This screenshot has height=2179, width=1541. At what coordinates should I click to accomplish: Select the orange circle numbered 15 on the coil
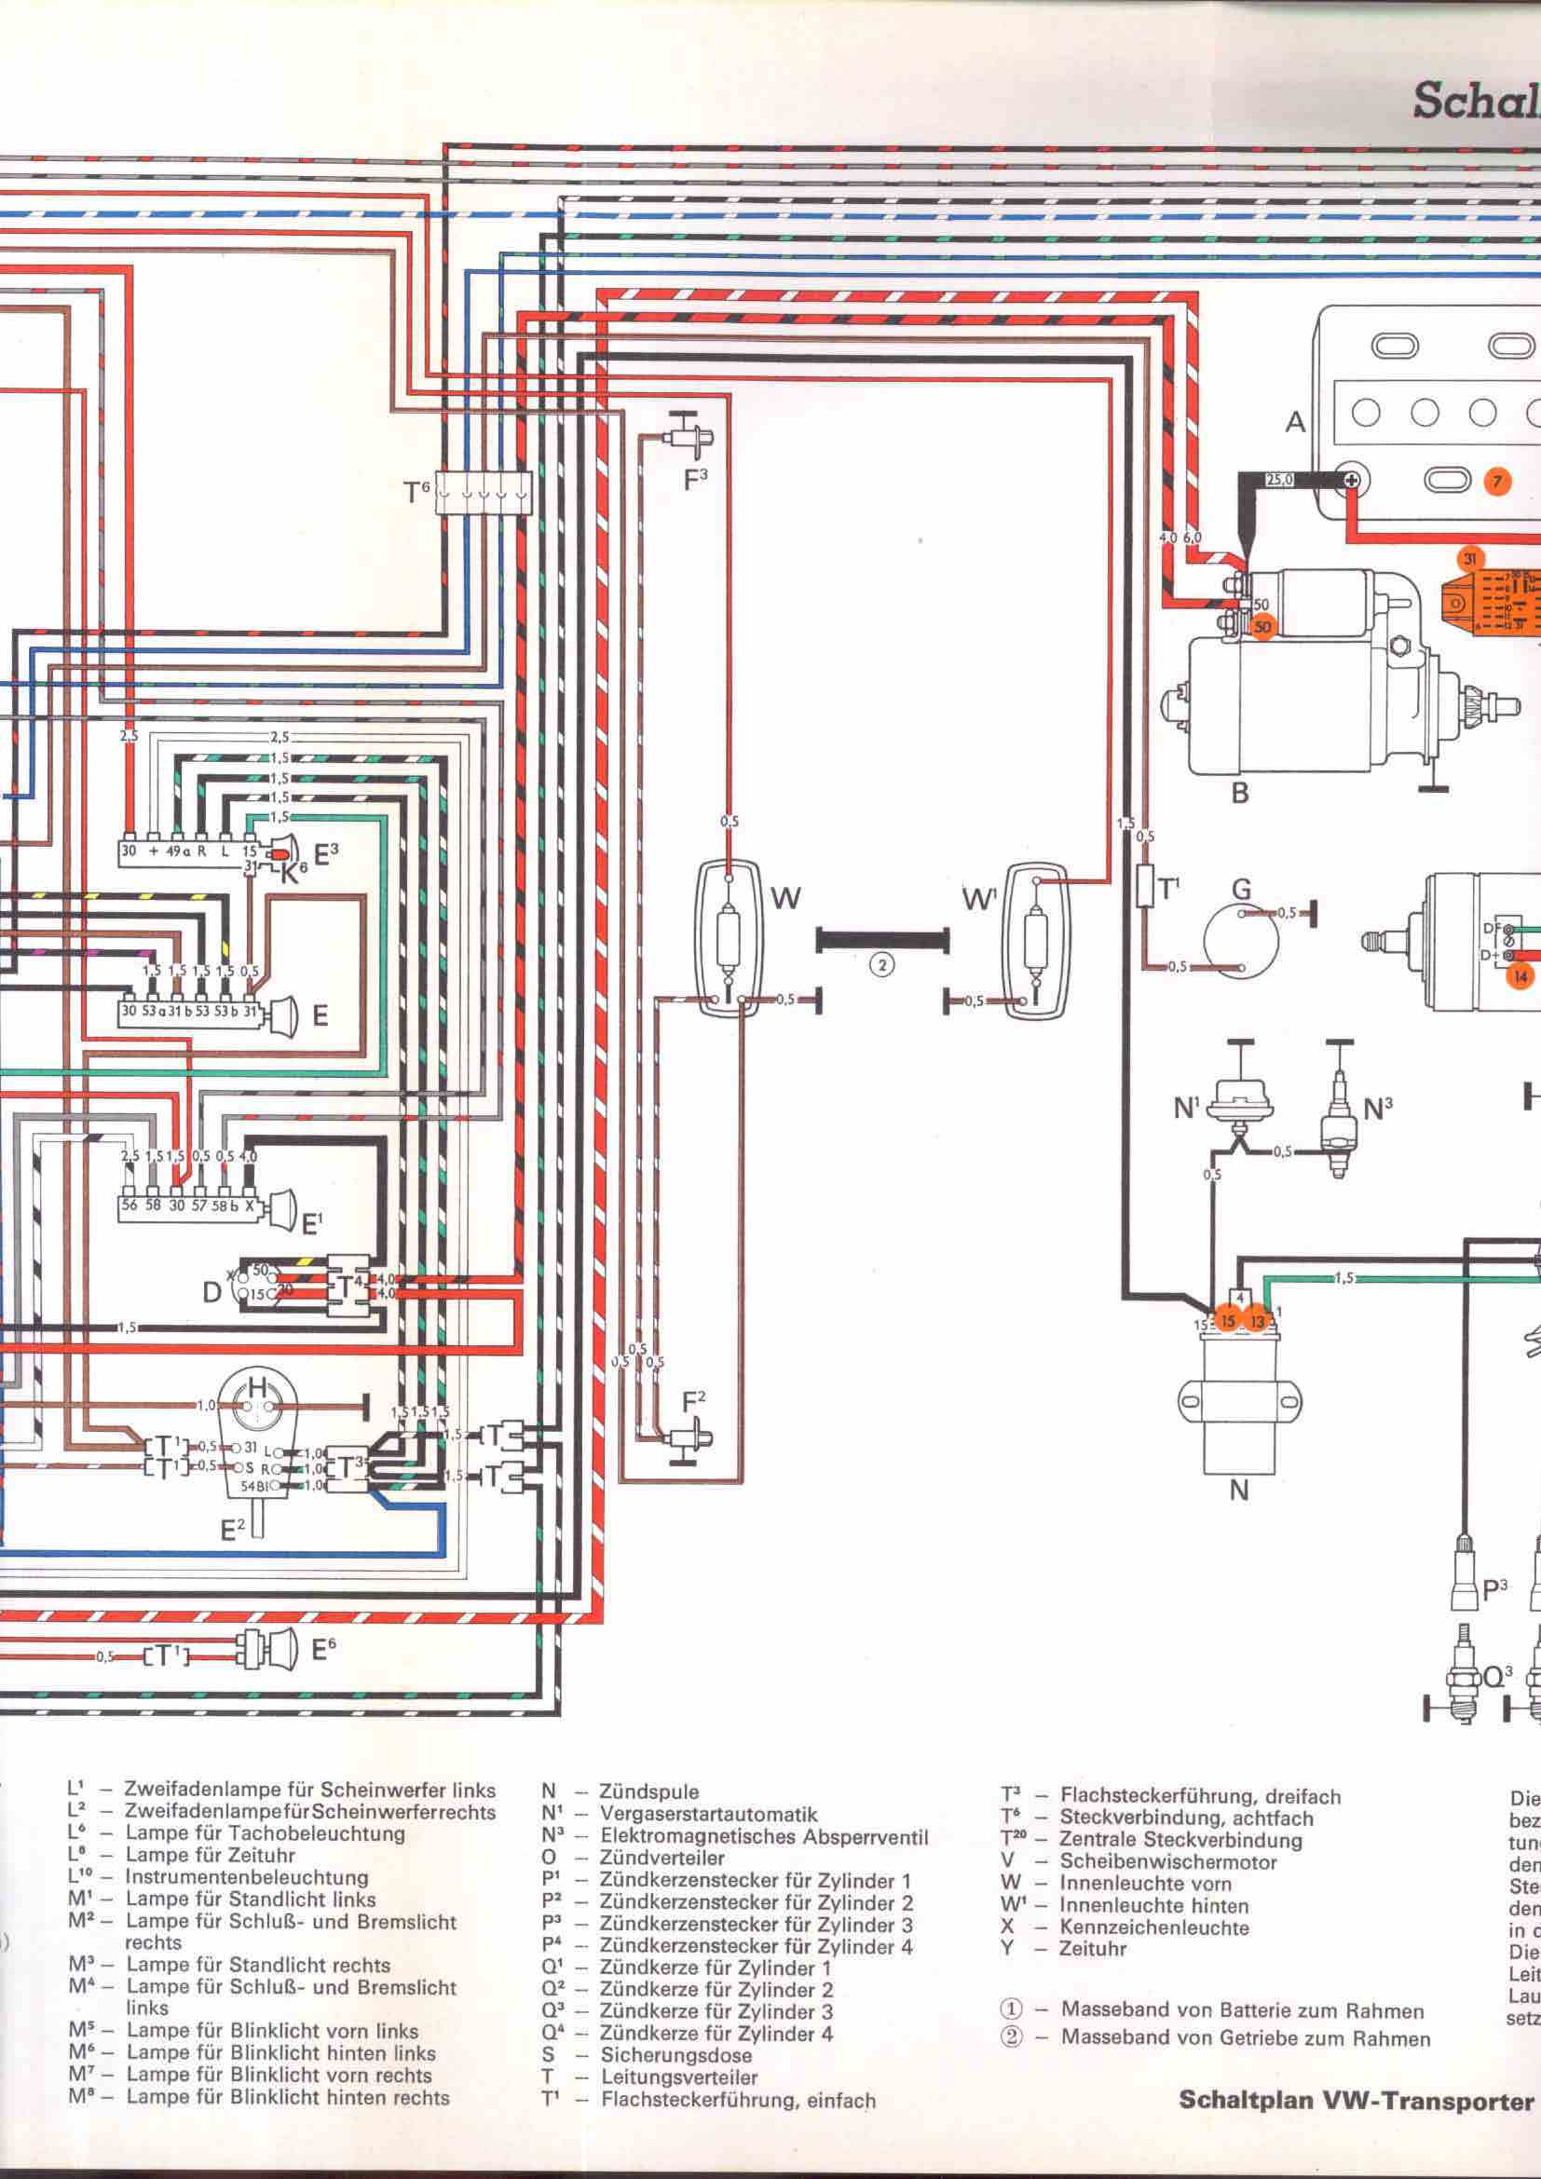point(1228,1320)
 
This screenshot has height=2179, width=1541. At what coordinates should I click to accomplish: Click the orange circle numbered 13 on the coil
point(1256,1320)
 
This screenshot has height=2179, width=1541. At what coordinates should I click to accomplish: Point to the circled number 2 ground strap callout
point(882,965)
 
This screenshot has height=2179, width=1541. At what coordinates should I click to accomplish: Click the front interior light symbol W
point(728,939)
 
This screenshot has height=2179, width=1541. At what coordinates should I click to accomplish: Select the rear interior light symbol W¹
point(1036,939)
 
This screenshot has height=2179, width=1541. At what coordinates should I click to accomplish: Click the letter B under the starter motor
point(1239,794)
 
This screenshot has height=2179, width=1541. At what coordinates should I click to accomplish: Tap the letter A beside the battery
point(1295,421)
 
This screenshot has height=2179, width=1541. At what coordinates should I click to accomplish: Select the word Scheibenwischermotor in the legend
point(1168,1862)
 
